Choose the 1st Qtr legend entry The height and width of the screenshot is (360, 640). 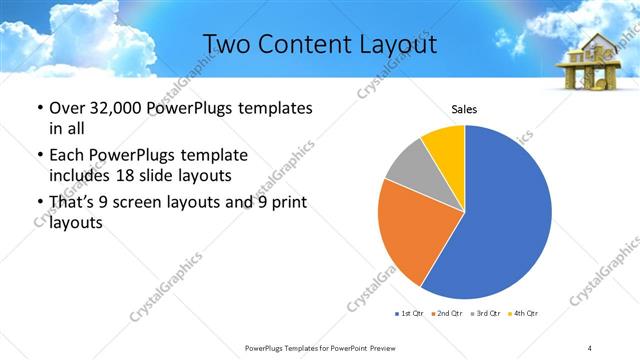411,314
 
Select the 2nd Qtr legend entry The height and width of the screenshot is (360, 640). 445,314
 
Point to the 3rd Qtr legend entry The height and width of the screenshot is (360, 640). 485,314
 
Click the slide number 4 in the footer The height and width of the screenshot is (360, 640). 590,347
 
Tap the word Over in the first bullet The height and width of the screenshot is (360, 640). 66,108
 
